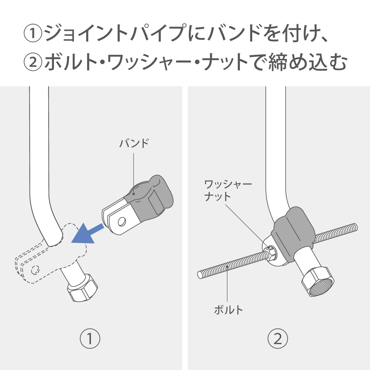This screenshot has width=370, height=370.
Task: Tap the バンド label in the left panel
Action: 134,143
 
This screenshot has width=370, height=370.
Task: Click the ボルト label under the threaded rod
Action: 228,310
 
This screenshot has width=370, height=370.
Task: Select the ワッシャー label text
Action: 228,185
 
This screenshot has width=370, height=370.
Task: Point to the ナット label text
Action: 217,196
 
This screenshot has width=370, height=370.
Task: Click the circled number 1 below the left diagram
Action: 90,339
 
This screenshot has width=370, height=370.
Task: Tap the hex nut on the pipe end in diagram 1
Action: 82,287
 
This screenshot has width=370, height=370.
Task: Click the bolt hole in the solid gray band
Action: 121,221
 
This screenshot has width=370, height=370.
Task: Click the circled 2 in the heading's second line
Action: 33,62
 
